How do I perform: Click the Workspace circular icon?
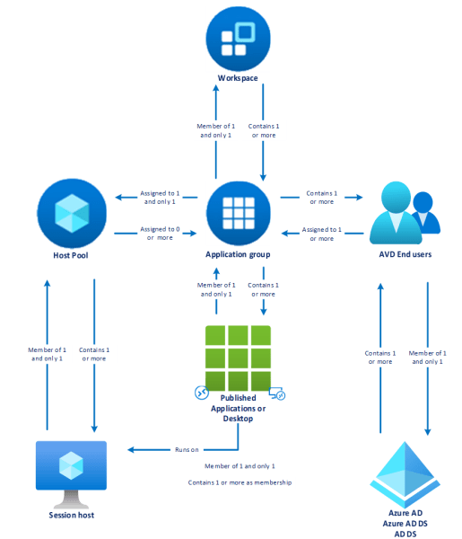238,38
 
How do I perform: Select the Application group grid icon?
239,211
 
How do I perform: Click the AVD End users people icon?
405,212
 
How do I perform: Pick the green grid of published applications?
239,357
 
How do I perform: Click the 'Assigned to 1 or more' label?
318,234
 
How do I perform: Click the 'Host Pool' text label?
70,255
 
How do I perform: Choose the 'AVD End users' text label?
404,255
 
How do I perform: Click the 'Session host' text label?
71,515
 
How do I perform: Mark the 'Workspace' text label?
238,79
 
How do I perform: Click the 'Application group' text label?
239,255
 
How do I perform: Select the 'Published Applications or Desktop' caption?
239,408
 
